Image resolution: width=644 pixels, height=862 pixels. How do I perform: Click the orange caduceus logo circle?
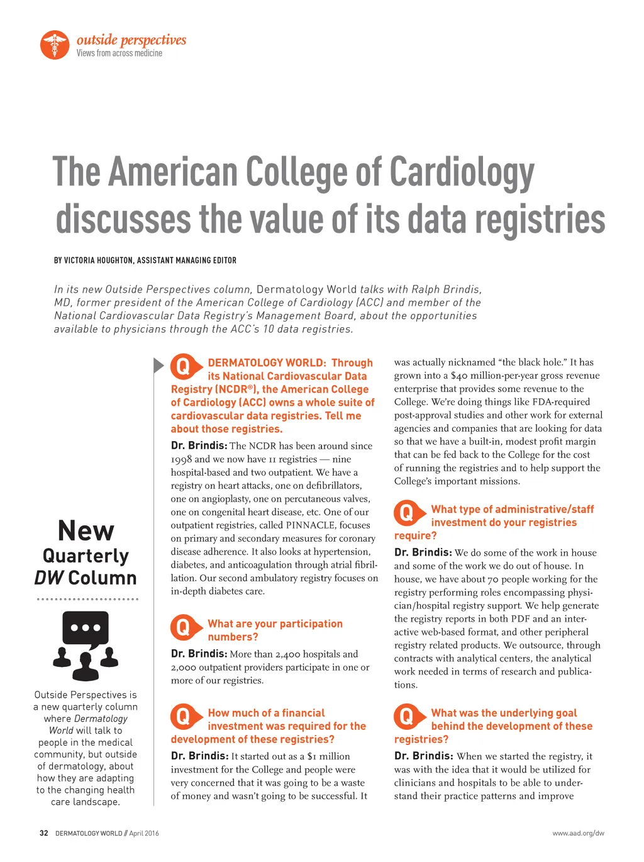point(55,45)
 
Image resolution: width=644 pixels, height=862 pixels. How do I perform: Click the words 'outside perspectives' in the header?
point(131,40)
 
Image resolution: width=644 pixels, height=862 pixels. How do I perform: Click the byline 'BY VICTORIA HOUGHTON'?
point(94,260)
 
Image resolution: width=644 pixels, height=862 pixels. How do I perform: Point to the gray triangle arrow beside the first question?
point(158,365)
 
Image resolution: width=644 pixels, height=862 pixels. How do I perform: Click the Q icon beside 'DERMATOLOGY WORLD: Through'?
point(183,366)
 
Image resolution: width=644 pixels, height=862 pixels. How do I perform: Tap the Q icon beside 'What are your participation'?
point(183,627)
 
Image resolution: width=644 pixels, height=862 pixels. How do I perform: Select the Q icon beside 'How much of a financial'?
point(183,716)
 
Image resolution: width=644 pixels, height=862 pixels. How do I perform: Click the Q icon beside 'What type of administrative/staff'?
point(407,513)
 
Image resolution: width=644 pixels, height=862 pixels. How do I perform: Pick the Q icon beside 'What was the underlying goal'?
point(407,716)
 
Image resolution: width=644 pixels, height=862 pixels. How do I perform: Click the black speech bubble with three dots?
point(86,629)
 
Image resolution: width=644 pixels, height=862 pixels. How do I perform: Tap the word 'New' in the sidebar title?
point(86,531)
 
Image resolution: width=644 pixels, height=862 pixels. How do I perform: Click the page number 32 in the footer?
point(43,833)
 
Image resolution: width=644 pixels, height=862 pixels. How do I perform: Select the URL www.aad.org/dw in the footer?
point(578,833)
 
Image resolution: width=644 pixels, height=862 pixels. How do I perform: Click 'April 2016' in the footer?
point(144,833)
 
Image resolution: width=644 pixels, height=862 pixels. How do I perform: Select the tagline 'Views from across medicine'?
point(119,53)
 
